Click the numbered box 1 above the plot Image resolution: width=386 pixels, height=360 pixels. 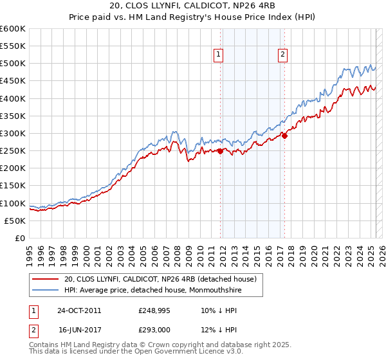[219, 55]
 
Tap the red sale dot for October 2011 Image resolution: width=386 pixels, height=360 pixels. [220, 151]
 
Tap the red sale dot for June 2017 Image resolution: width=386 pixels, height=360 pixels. [284, 136]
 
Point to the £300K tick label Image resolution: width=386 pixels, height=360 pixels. [13, 133]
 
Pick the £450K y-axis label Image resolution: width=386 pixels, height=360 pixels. [13, 81]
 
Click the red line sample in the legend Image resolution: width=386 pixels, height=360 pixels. [45, 279]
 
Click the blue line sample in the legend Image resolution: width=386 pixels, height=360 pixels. [45, 291]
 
